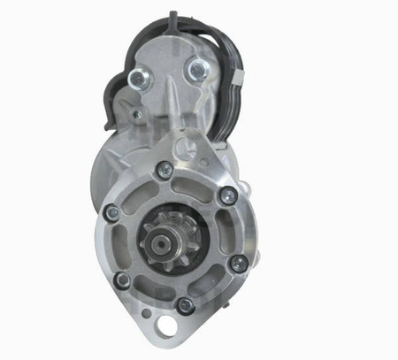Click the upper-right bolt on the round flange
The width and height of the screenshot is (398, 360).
click(228, 195)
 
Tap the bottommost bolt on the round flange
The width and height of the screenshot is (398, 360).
click(185, 304)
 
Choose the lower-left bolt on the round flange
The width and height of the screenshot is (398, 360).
click(123, 280)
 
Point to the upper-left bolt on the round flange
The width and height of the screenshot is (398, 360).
click(111, 211)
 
